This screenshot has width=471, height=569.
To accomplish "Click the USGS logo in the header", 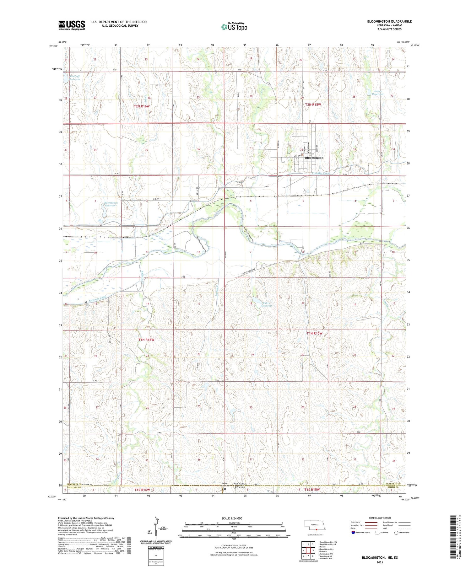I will (72, 25).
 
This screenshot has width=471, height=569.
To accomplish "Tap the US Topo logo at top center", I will (234, 27).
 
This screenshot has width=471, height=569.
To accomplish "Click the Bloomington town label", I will (314, 158).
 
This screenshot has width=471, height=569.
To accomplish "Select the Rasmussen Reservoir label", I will (111, 204).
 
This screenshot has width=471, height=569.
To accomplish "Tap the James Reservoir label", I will (378, 93).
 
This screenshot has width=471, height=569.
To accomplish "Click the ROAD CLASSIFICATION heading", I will (380, 518).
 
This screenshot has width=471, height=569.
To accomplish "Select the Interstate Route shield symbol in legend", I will (353, 533).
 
